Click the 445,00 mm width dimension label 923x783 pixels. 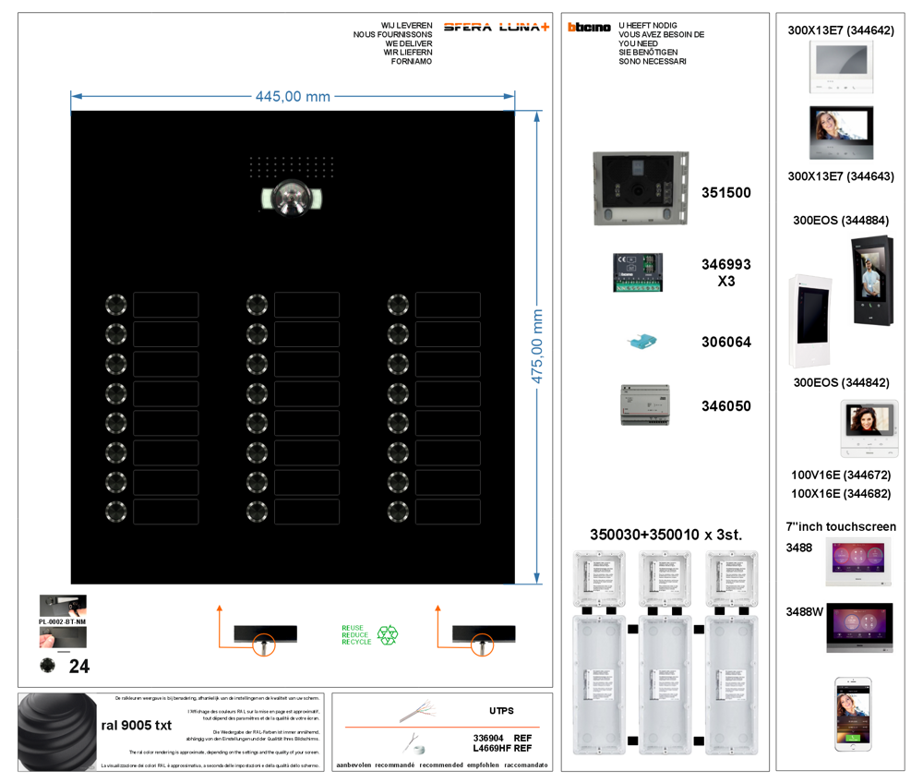click(293, 97)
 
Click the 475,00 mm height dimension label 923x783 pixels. click(536, 347)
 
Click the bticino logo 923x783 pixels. click(589, 28)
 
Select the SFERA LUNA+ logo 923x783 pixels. click(496, 27)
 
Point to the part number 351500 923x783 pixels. click(726, 193)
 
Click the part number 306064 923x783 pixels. click(726, 342)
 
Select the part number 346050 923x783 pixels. click(726, 405)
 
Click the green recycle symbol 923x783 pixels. click(388, 634)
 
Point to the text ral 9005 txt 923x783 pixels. click(136, 725)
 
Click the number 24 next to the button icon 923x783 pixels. click(79, 666)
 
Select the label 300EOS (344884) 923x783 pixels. click(841, 221)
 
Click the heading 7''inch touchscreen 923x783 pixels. click(841, 526)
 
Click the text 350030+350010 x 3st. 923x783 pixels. click(665, 534)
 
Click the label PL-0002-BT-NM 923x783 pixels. click(63, 622)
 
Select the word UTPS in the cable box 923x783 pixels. click(501, 711)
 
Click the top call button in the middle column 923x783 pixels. click(257, 305)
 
